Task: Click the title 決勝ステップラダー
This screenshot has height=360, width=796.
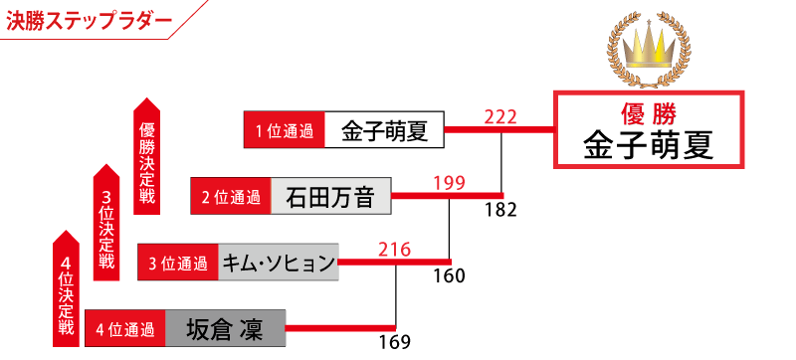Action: pyautogui.click(x=89, y=22)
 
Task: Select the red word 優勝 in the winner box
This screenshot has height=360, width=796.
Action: pyautogui.click(x=649, y=114)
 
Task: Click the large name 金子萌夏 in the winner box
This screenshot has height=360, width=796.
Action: pyautogui.click(x=649, y=145)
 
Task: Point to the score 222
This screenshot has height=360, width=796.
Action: pyautogui.click(x=500, y=117)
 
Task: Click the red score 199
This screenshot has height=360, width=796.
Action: pyautogui.click(x=449, y=184)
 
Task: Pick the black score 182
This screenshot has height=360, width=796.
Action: pyautogui.click(x=500, y=210)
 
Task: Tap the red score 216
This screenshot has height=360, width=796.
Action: pyautogui.click(x=394, y=250)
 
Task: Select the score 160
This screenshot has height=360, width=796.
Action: pyautogui.click(x=449, y=276)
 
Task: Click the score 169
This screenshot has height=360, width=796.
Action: pyautogui.click(x=394, y=342)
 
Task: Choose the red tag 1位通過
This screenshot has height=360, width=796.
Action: pyautogui.click(x=284, y=130)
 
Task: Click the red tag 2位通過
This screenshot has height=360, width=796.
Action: pyautogui.click(x=231, y=196)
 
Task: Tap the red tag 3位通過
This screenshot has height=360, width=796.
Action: pyautogui.click(x=178, y=263)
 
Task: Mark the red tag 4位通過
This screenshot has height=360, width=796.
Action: pyautogui.click(x=125, y=328)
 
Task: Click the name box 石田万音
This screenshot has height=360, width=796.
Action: pyautogui.click(x=331, y=196)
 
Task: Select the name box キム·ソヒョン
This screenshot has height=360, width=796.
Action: pyautogui.click(x=279, y=263)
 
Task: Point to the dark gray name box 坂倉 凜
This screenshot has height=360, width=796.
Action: pyautogui.click(x=226, y=328)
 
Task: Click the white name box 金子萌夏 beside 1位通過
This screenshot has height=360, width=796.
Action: pyautogui.click(x=384, y=130)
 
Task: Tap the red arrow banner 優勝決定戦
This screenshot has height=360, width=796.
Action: pyautogui.click(x=146, y=156)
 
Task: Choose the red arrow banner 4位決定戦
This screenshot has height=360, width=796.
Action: pyautogui.click(x=66, y=288)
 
